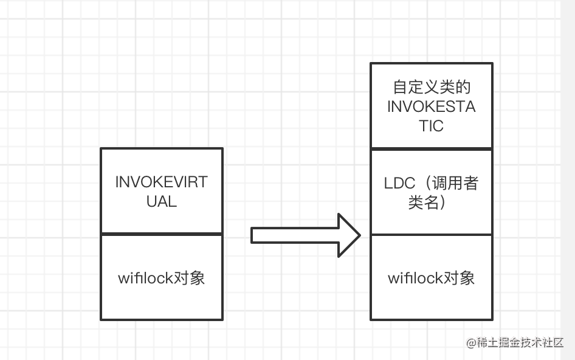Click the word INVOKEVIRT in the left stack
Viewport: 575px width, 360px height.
[x=161, y=182]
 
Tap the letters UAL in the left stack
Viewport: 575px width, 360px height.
[x=162, y=201]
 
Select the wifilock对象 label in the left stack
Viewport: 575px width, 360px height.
[x=161, y=278]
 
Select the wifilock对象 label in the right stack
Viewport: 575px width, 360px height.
[x=432, y=278]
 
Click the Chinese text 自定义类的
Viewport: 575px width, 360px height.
[x=432, y=88]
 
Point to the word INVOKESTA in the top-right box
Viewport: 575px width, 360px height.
[x=432, y=107]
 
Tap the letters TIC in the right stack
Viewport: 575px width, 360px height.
[x=432, y=126]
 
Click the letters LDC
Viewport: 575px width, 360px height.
[x=399, y=183]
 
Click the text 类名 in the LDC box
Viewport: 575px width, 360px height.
[x=423, y=202]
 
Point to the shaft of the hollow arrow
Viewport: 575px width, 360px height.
[x=295, y=235]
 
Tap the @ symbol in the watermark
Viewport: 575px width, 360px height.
[x=471, y=343]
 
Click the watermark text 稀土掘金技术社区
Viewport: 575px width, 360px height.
[x=520, y=343]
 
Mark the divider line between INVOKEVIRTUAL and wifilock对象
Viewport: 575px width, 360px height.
[x=162, y=234]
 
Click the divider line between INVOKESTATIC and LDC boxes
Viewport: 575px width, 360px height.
[x=432, y=148]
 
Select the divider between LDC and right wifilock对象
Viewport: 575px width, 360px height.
[x=432, y=234]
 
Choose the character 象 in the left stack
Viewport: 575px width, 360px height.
[x=198, y=278]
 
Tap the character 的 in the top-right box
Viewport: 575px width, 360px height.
[x=463, y=88]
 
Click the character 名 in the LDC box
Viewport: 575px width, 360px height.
[x=432, y=202]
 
